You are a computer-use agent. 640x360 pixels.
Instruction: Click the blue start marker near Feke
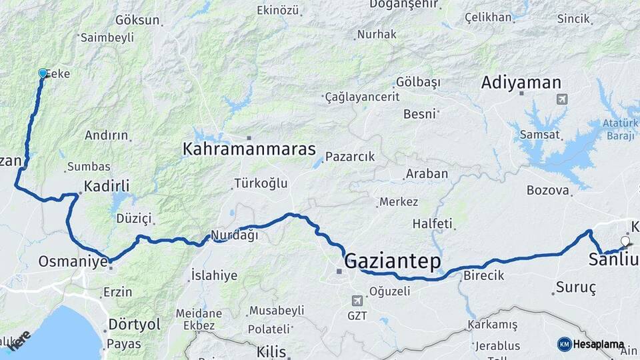[x=43, y=73]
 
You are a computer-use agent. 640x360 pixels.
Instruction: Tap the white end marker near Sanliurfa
[x=625, y=241]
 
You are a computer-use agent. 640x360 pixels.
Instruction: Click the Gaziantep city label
[x=392, y=261]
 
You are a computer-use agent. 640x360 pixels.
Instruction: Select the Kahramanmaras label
[x=249, y=149]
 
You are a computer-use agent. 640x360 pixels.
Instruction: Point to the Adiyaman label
[x=521, y=83]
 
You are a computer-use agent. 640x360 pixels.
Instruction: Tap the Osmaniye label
[x=73, y=261]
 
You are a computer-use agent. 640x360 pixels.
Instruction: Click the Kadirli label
[x=107, y=186]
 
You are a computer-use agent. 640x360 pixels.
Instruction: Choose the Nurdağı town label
[x=234, y=235]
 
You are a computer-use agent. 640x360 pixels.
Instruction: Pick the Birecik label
[x=483, y=275]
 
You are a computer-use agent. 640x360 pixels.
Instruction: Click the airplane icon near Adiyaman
[x=561, y=99]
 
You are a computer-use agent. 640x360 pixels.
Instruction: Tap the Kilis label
[x=271, y=351]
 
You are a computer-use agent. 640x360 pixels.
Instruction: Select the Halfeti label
[x=432, y=223]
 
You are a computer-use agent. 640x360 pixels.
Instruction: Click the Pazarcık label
[x=350, y=157]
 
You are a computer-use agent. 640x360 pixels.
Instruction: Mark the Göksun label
[x=137, y=20]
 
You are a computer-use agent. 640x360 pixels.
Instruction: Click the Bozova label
[x=548, y=190]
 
